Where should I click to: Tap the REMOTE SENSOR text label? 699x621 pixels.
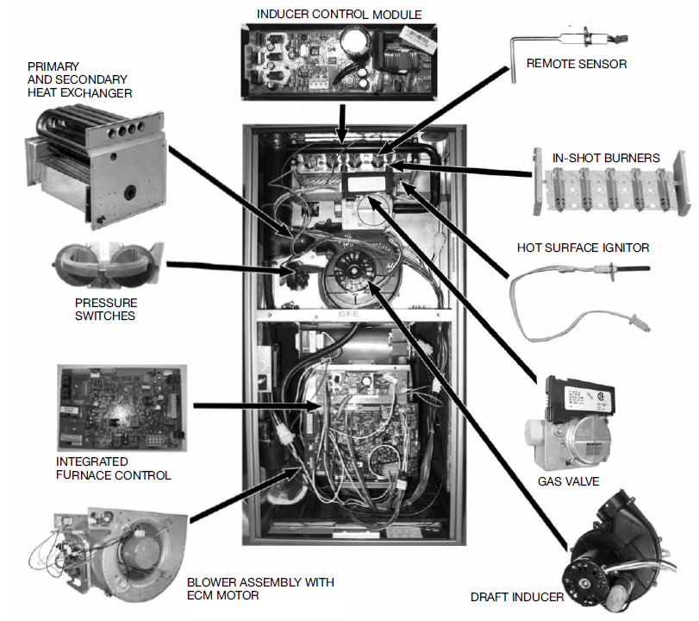click(576, 63)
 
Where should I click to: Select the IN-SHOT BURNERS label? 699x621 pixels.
click(606, 158)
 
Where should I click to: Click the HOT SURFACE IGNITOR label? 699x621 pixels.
click(583, 248)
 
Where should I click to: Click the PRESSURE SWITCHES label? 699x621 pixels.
click(106, 310)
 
